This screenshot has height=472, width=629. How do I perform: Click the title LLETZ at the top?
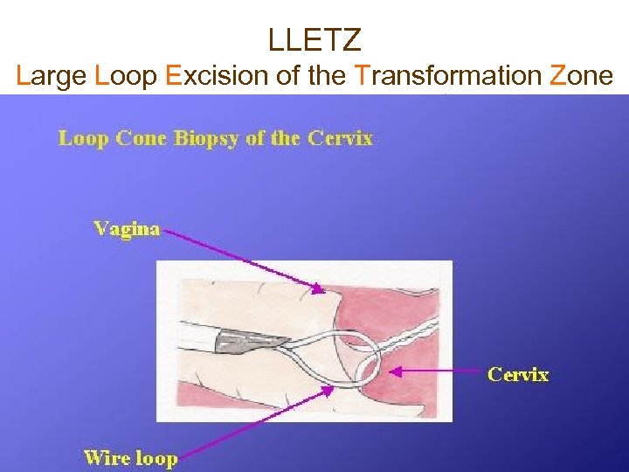pos(314,38)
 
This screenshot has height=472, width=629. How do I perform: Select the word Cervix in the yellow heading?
pos(342,138)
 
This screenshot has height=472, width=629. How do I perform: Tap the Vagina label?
pos(127,229)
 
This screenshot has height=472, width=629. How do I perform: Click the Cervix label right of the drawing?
pos(518,375)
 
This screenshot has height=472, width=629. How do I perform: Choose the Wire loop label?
pos(130,458)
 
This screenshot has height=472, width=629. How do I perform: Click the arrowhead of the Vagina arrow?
pos(320,289)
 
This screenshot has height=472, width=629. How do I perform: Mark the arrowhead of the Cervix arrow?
pos(392,371)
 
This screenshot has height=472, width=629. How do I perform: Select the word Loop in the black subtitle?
pos(126,77)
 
